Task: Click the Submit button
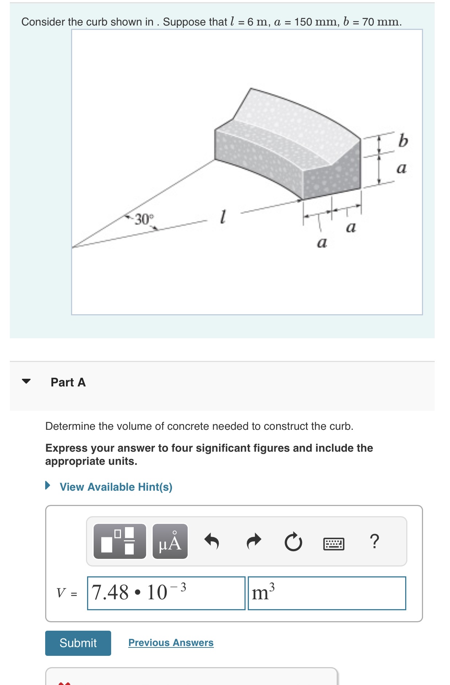click(78, 643)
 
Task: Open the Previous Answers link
click(171, 642)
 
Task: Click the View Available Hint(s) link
click(116, 487)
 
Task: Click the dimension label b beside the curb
click(403, 141)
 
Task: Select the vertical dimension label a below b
click(401, 168)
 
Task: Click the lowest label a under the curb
click(322, 242)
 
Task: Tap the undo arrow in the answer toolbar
click(212, 541)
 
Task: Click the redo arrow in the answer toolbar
click(254, 541)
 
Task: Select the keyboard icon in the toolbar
click(333, 544)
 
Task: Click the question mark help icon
click(374, 541)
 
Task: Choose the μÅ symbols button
click(170, 542)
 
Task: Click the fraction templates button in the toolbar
click(120, 542)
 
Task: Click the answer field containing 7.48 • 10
click(166, 593)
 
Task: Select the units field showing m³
click(326, 593)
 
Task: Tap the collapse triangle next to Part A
click(26, 381)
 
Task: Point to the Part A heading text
click(68, 382)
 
